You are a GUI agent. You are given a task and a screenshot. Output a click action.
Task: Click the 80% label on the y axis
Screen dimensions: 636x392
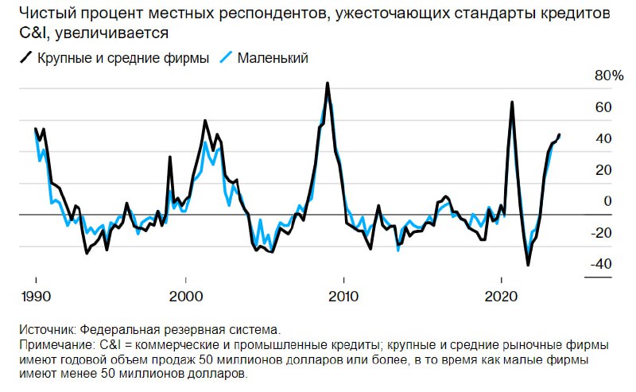pyautogui.click(x=609, y=76)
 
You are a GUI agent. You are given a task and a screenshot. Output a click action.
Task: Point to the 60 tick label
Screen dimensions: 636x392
pyautogui.click(x=603, y=107)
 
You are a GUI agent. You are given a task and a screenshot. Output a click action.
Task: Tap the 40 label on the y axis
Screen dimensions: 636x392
pyautogui.click(x=603, y=138)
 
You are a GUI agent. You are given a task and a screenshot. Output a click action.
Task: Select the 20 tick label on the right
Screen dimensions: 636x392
pyautogui.click(x=603, y=169)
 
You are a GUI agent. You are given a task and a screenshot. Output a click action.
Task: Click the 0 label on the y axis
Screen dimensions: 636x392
pyautogui.click(x=607, y=201)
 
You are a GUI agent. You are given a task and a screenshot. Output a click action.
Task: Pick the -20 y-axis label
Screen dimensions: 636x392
pyautogui.click(x=601, y=232)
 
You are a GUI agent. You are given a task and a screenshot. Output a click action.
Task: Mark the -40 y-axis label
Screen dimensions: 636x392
pyautogui.click(x=601, y=264)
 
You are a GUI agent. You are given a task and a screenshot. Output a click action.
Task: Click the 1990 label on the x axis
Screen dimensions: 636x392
pyautogui.click(x=36, y=297)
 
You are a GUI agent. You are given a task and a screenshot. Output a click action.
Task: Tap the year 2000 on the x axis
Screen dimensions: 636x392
pyautogui.click(x=186, y=297)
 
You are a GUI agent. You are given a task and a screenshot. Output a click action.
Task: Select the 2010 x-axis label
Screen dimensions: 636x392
pyautogui.click(x=343, y=297)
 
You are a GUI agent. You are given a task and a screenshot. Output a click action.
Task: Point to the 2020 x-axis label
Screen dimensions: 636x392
pyautogui.click(x=502, y=297)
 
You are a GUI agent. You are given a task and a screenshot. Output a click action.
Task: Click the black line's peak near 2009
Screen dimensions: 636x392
pyautogui.click(x=328, y=83)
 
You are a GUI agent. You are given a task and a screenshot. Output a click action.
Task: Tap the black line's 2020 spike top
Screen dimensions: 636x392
pyautogui.click(x=512, y=102)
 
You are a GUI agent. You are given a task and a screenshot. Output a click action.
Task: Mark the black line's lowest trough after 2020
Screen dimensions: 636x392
pyautogui.click(x=528, y=266)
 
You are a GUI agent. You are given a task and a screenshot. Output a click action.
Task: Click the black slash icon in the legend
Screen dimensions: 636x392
pyautogui.click(x=26, y=57)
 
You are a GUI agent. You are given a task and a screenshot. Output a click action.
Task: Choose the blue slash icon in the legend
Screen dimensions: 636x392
pyautogui.click(x=226, y=57)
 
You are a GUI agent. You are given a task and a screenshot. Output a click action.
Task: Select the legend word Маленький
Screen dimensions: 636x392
pyautogui.click(x=273, y=58)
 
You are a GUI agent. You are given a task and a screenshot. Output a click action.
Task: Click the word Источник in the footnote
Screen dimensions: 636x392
pyautogui.click(x=48, y=329)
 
